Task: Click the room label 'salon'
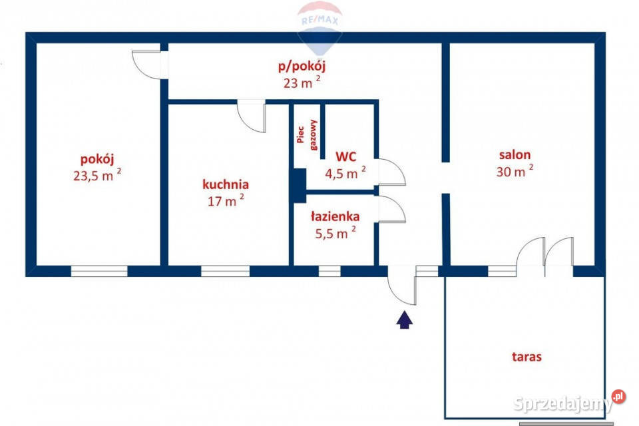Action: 515,155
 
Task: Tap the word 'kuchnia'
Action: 226,184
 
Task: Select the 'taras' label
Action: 527,357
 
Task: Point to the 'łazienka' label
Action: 335,216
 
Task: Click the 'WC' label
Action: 346,156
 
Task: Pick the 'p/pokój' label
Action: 302,67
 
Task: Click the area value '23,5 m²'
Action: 97,175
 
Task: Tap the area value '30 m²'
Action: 515,171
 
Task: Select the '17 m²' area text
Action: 226,200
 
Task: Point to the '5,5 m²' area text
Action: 335,232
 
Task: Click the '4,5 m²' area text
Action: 345,173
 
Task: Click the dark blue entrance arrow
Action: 404,319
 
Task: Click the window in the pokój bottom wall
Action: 99,271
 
